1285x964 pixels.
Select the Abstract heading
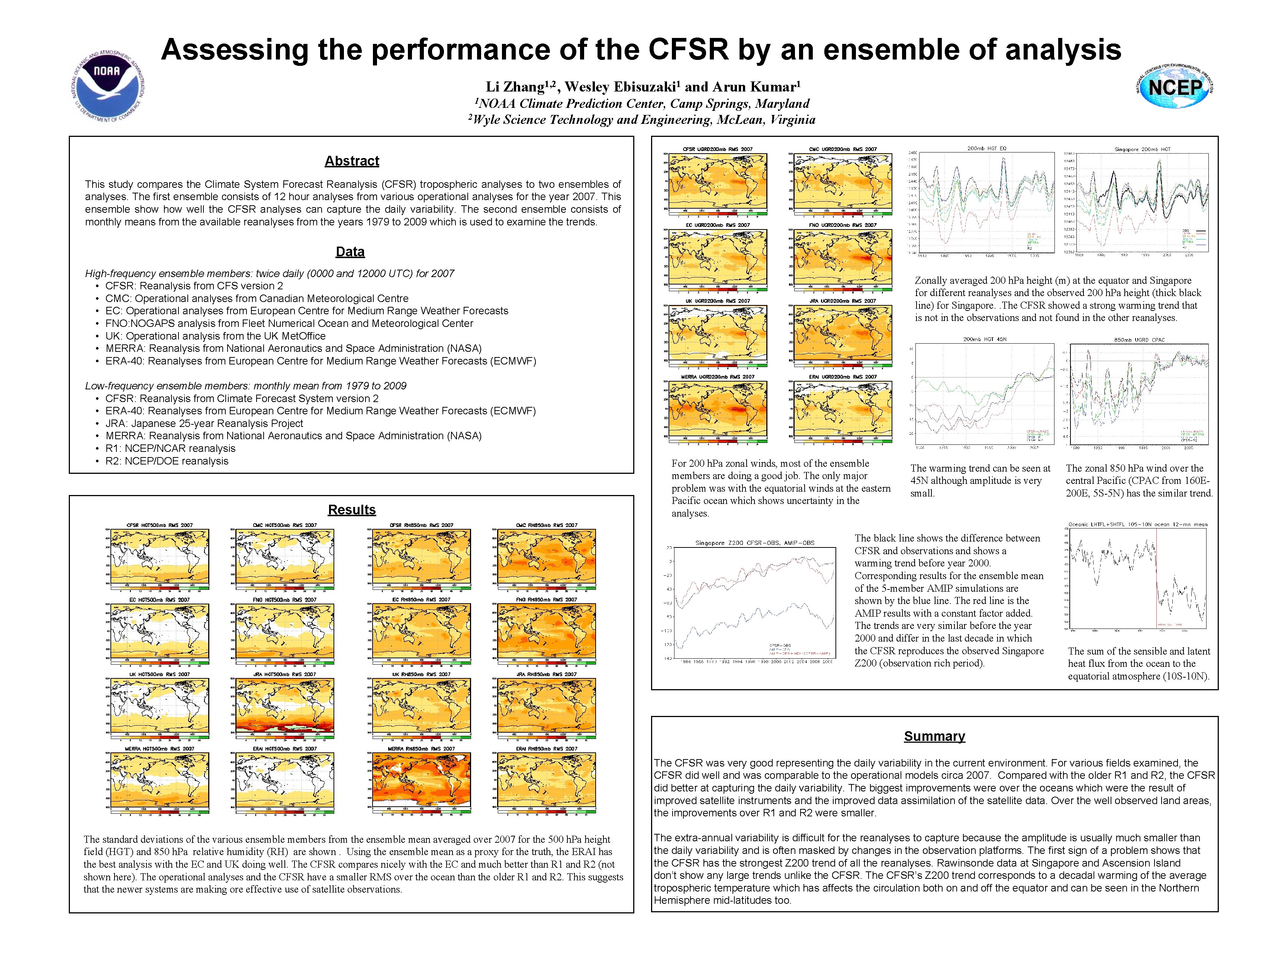click(x=351, y=161)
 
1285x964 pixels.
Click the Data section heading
click(x=350, y=252)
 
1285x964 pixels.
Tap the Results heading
click(x=351, y=510)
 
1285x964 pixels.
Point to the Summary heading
click(x=934, y=736)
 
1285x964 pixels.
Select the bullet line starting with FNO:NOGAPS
click(x=289, y=324)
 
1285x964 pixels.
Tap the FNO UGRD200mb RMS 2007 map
click(x=842, y=256)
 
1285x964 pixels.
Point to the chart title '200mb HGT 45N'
click(x=985, y=339)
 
